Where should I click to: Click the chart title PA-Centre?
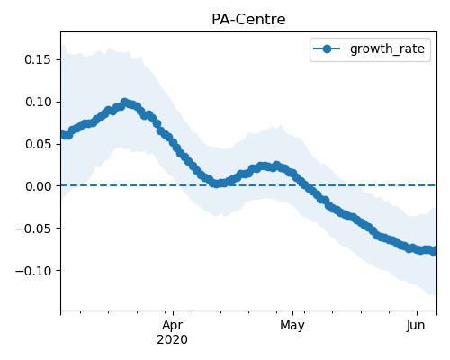click(248, 20)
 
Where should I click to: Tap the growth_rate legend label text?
click(387, 49)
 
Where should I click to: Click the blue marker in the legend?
click(327, 49)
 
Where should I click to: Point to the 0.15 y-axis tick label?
click(38, 59)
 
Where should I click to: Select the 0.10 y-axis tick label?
click(38, 102)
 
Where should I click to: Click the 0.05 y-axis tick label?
click(38, 144)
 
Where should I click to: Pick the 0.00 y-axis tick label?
click(38, 186)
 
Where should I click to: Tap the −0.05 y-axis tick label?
click(33, 229)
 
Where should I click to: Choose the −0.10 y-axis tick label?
click(33, 271)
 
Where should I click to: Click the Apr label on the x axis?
click(173, 325)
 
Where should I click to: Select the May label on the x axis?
click(292, 325)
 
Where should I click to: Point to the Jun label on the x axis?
click(416, 325)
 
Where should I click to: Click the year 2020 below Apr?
click(173, 339)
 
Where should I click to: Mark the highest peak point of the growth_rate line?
click(124, 103)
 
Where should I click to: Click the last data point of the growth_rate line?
click(434, 251)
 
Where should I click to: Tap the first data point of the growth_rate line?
click(62, 134)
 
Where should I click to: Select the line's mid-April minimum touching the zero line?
click(216, 184)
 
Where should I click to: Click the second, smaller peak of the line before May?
click(276, 166)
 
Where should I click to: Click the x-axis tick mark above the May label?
click(293, 313)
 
